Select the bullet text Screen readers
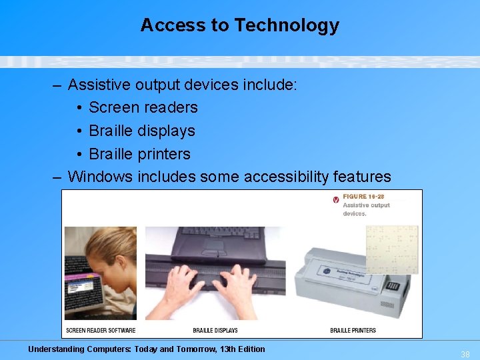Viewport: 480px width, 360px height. tap(143, 107)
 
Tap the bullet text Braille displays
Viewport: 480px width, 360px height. tap(141, 131)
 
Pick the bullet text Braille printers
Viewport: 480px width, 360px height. tap(139, 154)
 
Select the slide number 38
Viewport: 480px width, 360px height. tap(465, 355)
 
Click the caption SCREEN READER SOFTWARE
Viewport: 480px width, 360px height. tap(101, 331)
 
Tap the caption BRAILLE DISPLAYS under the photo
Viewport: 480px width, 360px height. tap(215, 331)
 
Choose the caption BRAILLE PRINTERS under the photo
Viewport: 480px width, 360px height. tap(353, 331)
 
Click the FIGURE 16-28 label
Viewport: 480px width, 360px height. tap(363, 197)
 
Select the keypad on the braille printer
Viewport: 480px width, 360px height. tap(393, 286)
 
